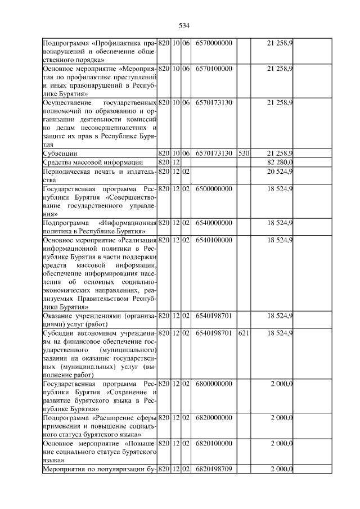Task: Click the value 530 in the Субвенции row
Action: point(243,153)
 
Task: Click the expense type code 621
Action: point(243,334)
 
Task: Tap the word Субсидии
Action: point(59,334)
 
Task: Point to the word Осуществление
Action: point(70,103)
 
